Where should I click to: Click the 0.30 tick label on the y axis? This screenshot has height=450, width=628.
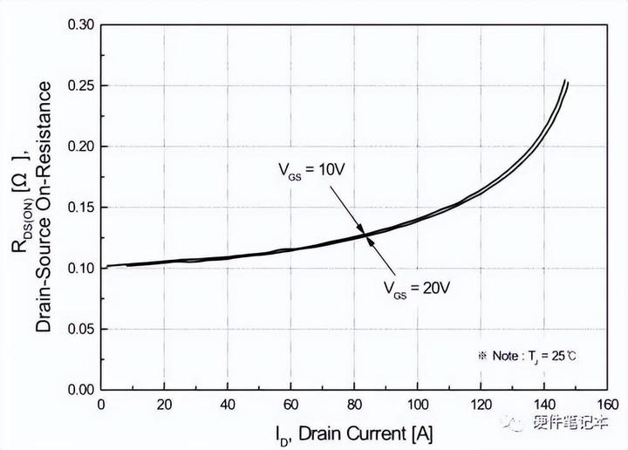click(x=84, y=24)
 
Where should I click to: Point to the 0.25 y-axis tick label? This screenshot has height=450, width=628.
click(x=84, y=85)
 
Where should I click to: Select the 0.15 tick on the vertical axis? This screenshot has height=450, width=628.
click(x=84, y=207)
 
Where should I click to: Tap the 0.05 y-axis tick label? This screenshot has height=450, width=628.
click(x=84, y=328)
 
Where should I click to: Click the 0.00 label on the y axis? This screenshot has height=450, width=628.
click(x=84, y=389)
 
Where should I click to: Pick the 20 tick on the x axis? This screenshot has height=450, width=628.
click(x=164, y=405)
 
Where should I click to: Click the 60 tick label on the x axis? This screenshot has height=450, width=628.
click(x=290, y=405)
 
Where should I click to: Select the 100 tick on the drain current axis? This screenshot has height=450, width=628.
click(x=417, y=405)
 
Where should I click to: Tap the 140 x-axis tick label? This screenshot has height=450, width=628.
click(x=543, y=405)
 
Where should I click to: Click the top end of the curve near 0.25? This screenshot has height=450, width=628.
click(x=565, y=83)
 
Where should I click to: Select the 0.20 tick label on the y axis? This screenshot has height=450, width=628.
click(x=84, y=146)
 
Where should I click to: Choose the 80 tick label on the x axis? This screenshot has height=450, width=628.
click(x=353, y=405)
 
